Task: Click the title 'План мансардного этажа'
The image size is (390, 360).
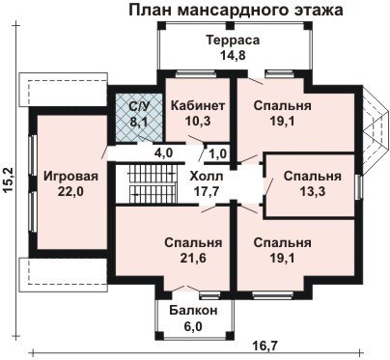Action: point(236,10)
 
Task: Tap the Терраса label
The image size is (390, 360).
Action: point(233,41)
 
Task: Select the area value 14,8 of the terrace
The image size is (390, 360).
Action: point(233,55)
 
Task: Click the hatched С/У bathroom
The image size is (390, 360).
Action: point(139,118)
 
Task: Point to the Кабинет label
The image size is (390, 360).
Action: point(198,105)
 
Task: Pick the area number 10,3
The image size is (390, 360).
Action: point(198,121)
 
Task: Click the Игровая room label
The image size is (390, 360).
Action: point(70,177)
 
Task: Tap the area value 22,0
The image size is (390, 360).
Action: point(70,192)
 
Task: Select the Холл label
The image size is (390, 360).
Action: point(206,177)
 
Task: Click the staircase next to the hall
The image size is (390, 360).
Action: point(153,183)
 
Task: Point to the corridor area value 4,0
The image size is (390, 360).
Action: point(163,152)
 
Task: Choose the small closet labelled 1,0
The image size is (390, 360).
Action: point(218,152)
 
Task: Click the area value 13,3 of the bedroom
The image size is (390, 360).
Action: point(313,192)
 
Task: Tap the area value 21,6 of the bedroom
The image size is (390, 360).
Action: point(193,258)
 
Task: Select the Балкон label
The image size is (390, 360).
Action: point(193,311)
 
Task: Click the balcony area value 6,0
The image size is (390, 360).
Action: point(193,326)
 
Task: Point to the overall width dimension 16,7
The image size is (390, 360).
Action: point(266,346)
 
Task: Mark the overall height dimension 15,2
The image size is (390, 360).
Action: point(10,180)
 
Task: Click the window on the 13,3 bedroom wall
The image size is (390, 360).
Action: point(358,187)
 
